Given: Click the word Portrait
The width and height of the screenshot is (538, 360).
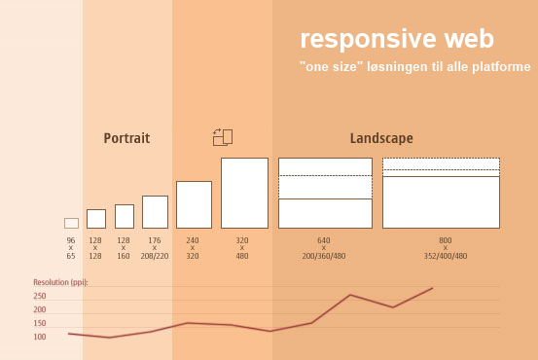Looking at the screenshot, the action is point(126,138).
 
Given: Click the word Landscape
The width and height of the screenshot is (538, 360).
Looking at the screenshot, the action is point(381,138).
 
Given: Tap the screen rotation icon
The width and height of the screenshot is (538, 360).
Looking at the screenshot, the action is point(223,137).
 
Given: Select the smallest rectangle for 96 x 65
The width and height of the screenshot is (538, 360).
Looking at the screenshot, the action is point(71,223).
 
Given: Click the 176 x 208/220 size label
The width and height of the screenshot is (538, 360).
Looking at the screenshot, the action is point(155,248).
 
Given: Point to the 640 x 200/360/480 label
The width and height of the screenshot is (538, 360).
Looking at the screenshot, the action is point(324,248).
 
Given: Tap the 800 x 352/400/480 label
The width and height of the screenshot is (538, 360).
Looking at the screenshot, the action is point(445,248).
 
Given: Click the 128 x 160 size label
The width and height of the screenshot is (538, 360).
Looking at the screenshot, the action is point(124,248).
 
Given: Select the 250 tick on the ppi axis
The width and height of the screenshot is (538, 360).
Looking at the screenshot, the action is point(40,296).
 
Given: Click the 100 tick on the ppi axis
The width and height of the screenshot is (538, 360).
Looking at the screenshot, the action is point(40,337).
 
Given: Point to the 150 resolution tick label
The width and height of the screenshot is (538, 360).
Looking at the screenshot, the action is point(40,323).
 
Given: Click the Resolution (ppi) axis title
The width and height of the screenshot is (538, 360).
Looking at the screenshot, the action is point(60,282).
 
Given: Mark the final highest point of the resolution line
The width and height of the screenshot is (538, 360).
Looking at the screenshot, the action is point(432,288).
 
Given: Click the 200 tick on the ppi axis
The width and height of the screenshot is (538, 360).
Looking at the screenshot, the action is point(40,309).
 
